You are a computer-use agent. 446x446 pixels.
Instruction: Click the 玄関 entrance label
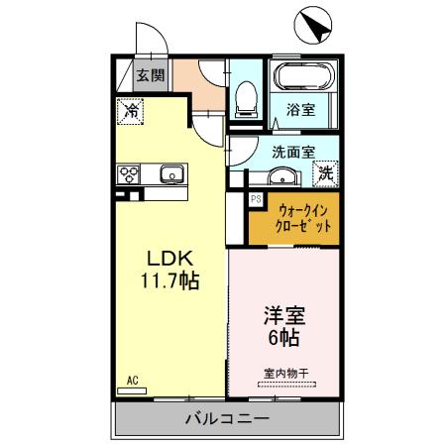151,75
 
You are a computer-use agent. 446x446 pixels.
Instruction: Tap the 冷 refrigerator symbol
131,111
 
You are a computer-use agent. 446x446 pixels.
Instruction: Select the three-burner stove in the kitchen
129,175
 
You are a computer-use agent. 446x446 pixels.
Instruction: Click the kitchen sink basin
171,175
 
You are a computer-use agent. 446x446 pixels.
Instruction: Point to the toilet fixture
246,97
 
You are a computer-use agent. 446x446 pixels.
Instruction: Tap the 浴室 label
302,110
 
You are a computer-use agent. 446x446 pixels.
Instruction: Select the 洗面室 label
293,152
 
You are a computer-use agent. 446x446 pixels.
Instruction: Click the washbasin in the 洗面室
279,178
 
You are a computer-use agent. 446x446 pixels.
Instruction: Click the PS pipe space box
255,199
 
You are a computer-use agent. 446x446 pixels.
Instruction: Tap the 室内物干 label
286,373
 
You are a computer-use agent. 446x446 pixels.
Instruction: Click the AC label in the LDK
131,378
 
